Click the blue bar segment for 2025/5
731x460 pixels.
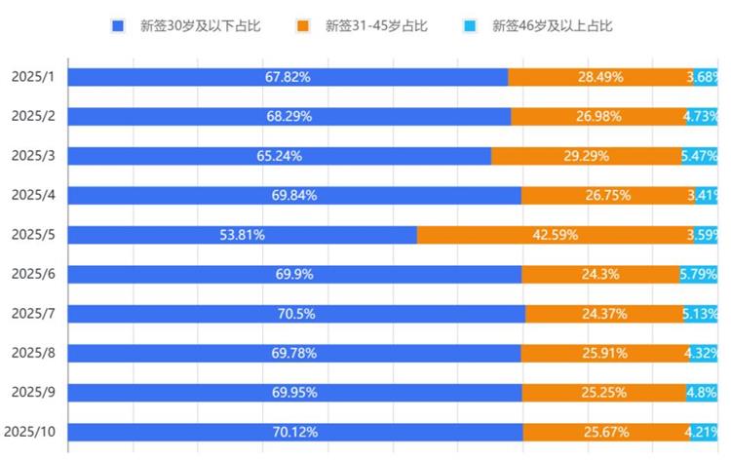(x=242, y=235)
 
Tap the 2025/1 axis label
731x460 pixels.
(x=33, y=77)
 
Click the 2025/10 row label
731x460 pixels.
(x=29, y=432)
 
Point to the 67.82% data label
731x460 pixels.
(x=289, y=77)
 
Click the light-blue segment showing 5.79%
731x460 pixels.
(x=699, y=275)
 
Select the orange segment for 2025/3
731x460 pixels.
(x=586, y=156)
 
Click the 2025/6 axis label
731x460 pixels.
(x=33, y=275)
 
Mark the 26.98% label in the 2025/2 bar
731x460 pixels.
(x=598, y=117)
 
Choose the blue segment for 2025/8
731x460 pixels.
(x=294, y=353)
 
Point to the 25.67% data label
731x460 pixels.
(x=606, y=432)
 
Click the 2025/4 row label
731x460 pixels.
(x=33, y=195)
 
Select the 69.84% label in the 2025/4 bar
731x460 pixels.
(x=294, y=195)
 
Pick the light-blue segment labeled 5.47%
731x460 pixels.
(x=700, y=156)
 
